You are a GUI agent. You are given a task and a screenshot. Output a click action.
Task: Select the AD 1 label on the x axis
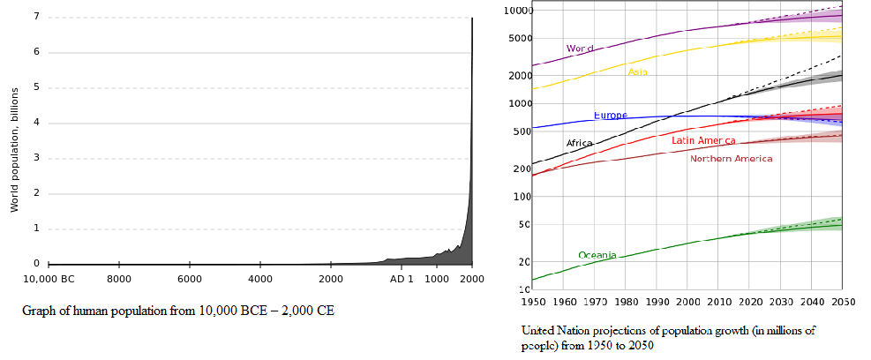click(402, 279)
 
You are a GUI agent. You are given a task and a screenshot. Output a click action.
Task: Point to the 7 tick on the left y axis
click(36, 17)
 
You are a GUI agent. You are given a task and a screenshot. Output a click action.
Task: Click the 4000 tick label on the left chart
click(259, 279)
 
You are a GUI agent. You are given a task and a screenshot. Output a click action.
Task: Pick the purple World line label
click(579, 49)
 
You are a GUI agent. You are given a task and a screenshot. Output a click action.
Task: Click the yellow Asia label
click(637, 71)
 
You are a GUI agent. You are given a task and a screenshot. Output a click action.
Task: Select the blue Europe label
click(610, 116)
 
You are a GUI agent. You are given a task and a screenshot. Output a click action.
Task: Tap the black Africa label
click(579, 143)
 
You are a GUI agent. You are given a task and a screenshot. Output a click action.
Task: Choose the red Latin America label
click(703, 140)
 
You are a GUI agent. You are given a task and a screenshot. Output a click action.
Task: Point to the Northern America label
click(731, 159)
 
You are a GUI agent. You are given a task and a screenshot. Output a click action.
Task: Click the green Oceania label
click(597, 255)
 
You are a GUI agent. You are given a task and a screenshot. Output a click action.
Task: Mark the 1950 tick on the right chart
click(534, 302)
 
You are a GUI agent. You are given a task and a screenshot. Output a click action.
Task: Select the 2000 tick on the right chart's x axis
click(688, 302)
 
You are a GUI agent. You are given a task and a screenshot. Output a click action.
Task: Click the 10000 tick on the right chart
click(514, 11)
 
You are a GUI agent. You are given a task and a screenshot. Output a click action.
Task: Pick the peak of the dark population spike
click(472, 19)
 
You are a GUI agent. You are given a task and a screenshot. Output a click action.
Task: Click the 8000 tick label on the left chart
click(119, 279)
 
